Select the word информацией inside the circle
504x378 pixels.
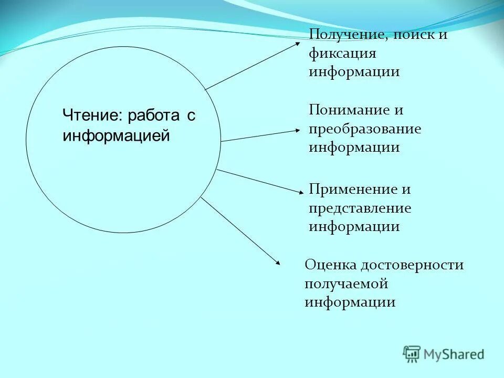[x=116, y=135]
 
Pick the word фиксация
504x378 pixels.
[x=342, y=54]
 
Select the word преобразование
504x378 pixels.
[x=365, y=129]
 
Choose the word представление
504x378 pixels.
[x=360, y=208]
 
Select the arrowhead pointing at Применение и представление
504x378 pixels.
[x=300, y=192]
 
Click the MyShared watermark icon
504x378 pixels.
[x=412, y=354]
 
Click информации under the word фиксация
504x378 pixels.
[x=354, y=72]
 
